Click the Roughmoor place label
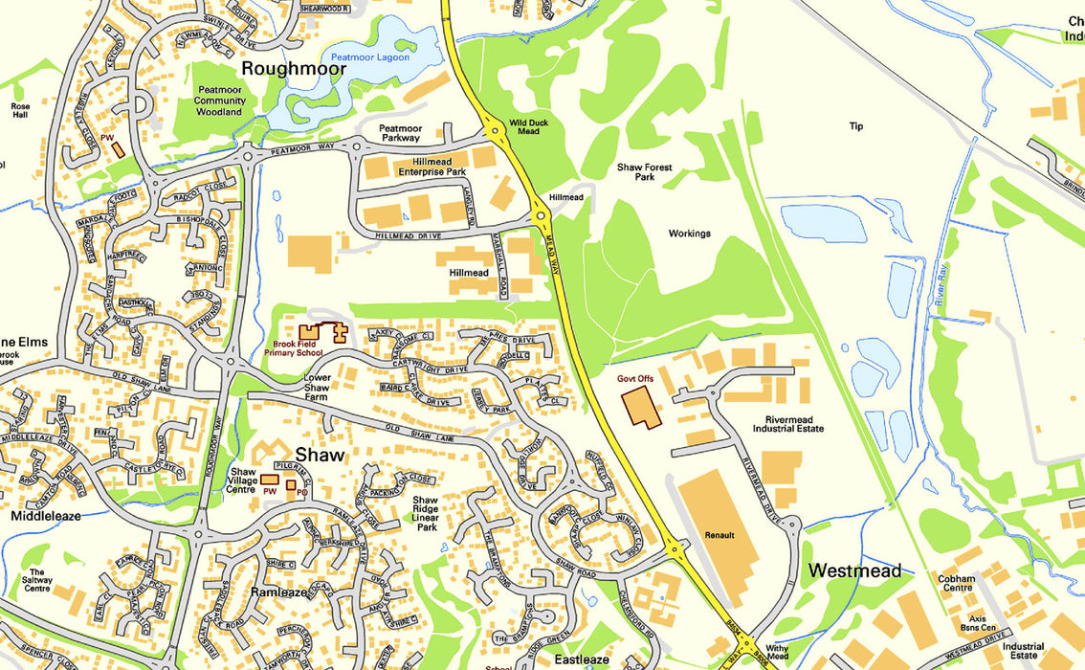[293, 69]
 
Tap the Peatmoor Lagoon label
[369, 57]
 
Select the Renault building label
[719, 535]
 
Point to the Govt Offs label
[635, 379]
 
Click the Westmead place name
[854, 571]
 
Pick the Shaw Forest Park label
[644, 172]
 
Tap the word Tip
[855, 126]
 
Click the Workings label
[689, 234]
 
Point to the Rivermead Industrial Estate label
[794, 424]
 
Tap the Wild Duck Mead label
[529, 127]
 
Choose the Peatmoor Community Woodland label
[220, 100]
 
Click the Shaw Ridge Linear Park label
[426, 514]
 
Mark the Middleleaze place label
[46, 516]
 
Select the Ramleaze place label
[278, 592]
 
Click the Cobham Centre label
[956, 584]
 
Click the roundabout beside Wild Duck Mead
[495, 131]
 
